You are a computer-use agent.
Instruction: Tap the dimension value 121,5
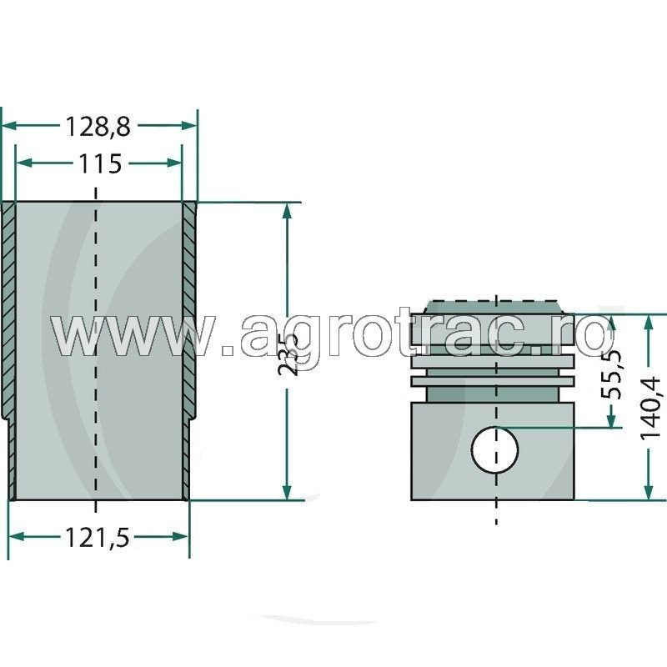pos(98,538)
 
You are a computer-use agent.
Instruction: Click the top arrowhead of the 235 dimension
pos(288,210)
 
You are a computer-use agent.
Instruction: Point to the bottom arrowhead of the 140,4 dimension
pos(648,493)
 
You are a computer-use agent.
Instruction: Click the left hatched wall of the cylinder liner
pos(9,317)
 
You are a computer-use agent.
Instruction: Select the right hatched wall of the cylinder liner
pos(188,317)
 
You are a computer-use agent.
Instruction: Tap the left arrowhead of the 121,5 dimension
pos(14,538)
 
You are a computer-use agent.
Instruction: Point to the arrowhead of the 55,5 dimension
pos(614,421)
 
